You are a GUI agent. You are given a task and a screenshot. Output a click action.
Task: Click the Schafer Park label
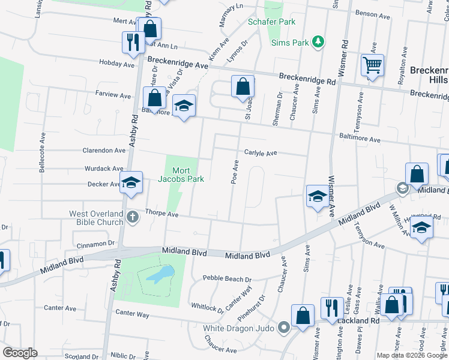click(x=272, y=22)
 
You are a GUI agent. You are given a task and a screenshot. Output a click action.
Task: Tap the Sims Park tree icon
click(x=319, y=42)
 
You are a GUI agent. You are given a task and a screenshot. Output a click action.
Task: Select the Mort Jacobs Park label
click(x=181, y=175)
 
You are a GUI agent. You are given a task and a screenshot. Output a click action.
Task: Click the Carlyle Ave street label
click(x=260, y=153)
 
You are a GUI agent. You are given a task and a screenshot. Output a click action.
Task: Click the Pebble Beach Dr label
click(x=227, y=278)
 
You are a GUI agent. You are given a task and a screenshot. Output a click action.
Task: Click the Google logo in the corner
click(x=20, y=353)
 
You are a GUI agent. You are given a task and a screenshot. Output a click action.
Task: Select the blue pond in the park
click(x=158, y=275)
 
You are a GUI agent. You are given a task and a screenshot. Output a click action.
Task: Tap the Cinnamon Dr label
click(x=95, y=245)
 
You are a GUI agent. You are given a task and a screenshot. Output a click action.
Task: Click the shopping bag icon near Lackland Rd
click(x=303, y=314)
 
